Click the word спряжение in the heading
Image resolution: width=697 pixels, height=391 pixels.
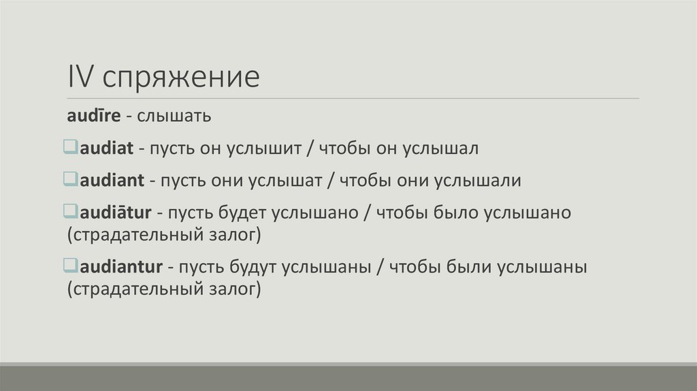click(x=181, y=78)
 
